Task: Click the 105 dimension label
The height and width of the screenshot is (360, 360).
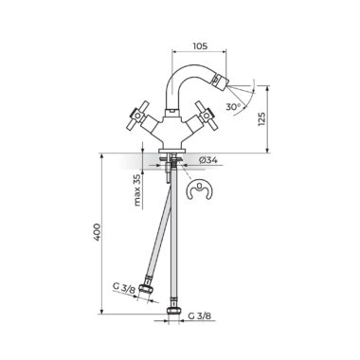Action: pos(200,46)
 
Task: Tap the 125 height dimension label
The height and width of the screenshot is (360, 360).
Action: pos(262,119)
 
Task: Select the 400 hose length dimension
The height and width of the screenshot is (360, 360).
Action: pos(97,233)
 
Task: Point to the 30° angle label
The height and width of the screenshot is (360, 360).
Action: pos(233,107)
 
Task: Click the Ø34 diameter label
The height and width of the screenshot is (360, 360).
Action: pos(208,160)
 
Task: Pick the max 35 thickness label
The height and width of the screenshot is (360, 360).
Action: pos(137,190)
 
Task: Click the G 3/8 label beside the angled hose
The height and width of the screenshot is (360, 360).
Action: pos(124,287)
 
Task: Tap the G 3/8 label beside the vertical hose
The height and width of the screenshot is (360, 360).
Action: pos(199,315)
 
